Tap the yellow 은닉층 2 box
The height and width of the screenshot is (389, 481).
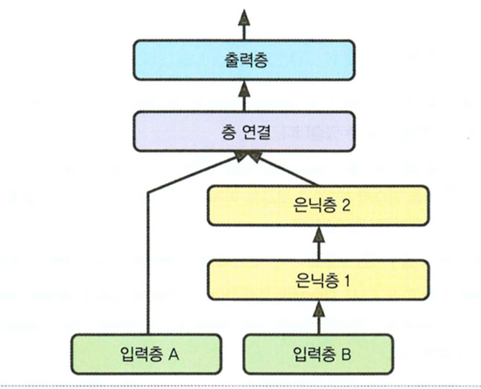coord(318,204)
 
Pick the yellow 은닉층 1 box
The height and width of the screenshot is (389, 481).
coord(318,279)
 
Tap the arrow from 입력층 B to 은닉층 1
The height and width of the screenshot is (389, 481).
coord(318,315)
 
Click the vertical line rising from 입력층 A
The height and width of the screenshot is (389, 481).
coord(147,264)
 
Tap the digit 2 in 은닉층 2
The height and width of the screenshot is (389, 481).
coord(347,205)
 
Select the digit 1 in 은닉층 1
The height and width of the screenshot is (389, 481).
coord(346,280)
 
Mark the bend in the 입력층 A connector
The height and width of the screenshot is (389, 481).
coord(147,193)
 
